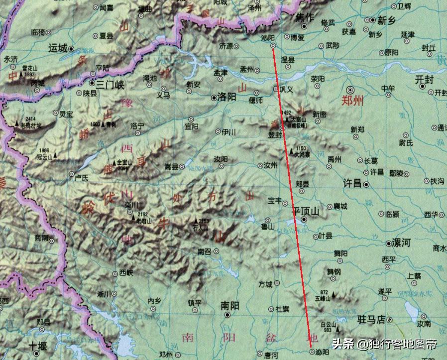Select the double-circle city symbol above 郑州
coord(351,90)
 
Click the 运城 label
coord(58,48)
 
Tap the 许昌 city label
coord(353,184)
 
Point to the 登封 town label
coord(275,134)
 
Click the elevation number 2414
coord(31,119)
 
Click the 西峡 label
coord(126,272)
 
